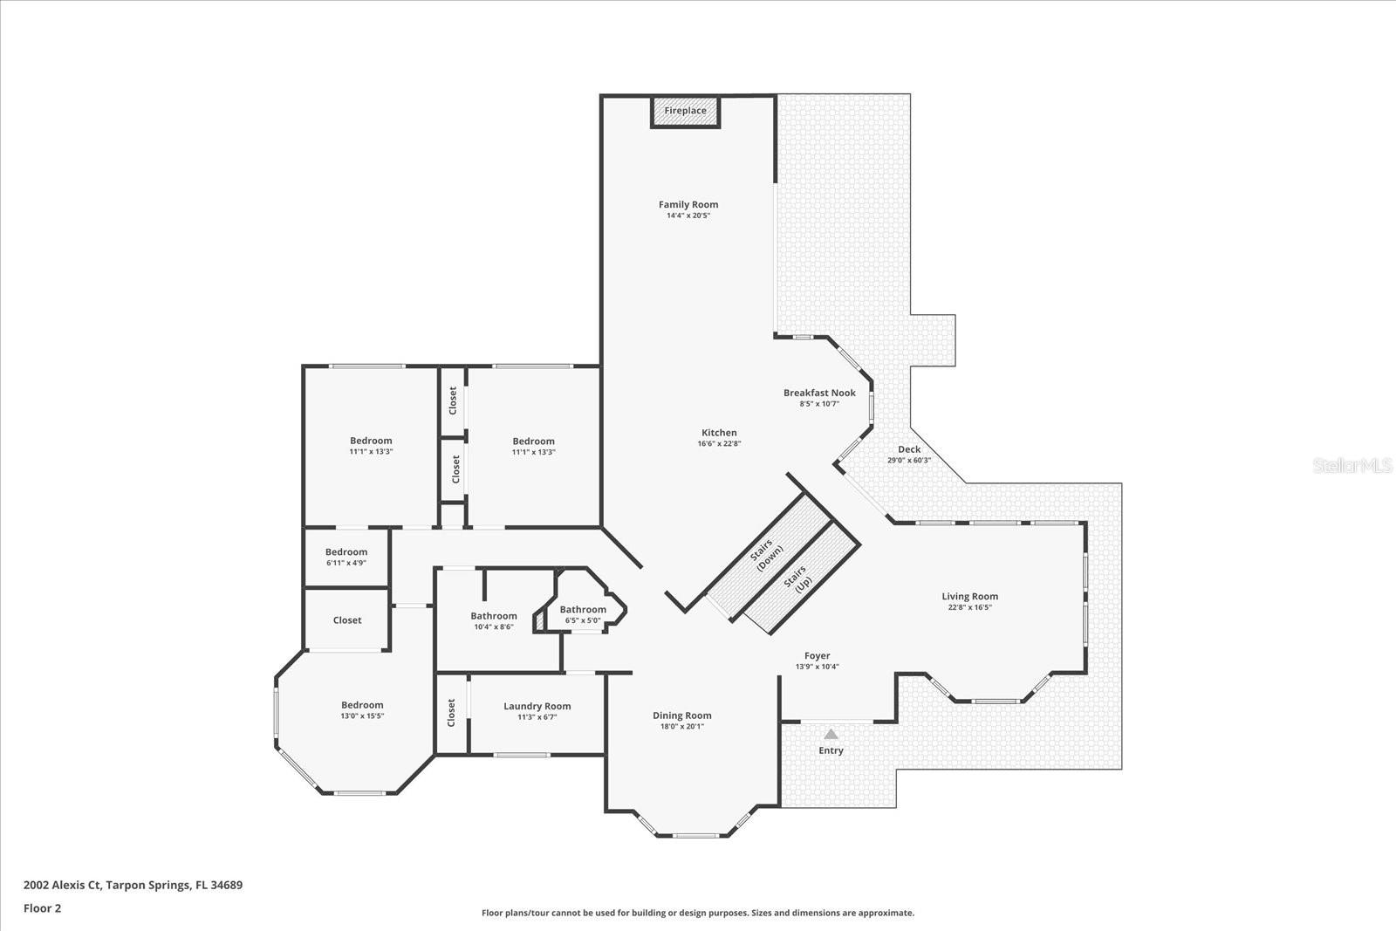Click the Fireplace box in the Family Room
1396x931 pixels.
pos(685,112)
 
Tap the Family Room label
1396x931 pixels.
pos(688,205)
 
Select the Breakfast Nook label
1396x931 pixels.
pos(819,394)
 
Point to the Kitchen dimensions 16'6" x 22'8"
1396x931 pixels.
pos(719,443)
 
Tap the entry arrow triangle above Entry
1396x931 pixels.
pos(831,735)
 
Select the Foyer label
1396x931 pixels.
pos(818,656)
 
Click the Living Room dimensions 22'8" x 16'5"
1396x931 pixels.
pos(969,607)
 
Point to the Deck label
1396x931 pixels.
pos(909,450)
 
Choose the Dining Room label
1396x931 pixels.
pos(682,715)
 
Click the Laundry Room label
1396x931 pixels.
pos(537,707)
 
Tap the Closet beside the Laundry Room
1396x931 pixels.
pos(452,713)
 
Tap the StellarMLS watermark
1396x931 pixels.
pos(1353,467)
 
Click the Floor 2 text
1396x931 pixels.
pos(43,908)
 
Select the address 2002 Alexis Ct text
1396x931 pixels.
pos(133,885)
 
